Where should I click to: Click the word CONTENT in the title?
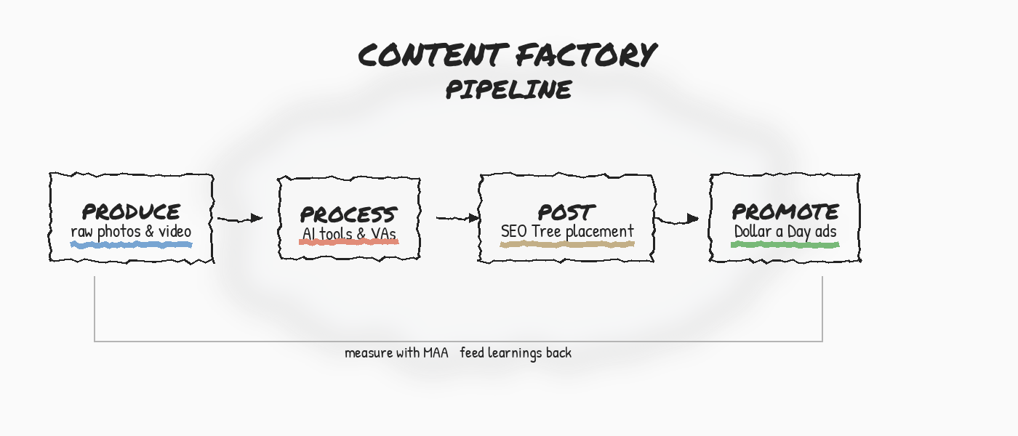pos(433,55)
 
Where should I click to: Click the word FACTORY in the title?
pos(587,55)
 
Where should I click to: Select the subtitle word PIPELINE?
pos(509,90)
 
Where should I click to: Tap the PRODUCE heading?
pos(132,212)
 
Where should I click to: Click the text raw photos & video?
pos(131,232)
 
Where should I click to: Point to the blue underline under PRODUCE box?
pos(131,245)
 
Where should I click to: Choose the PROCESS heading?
pos(349,215)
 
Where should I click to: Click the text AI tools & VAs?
pos(349,234)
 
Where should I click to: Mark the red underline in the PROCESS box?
pos(349,242)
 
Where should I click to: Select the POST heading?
pos(566,213)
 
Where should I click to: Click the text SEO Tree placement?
pos(567,232)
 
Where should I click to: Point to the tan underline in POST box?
pos(567,244)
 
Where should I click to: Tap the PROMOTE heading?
pos(785,212)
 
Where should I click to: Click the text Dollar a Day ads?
pos(785,232)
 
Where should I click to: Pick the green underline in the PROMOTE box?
pos(785,245)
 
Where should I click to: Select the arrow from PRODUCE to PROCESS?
pos(240,218)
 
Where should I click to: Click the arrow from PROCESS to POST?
pos(458,217)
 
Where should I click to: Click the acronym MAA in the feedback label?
pos(436,353)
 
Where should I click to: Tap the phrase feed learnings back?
pos(516,353)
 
